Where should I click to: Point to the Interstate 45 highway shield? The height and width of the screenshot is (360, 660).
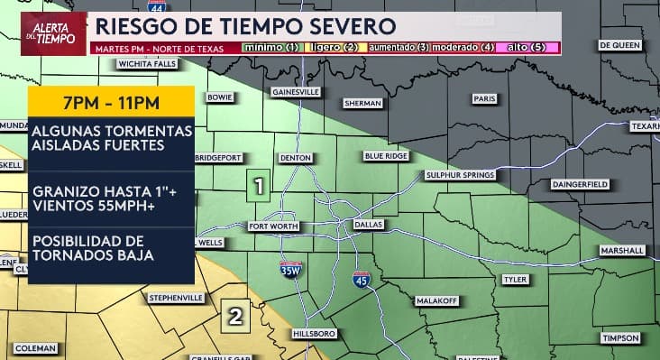point(361,281)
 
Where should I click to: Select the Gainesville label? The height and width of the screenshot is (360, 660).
point(296,92)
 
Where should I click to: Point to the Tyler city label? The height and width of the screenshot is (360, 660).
point(515,280)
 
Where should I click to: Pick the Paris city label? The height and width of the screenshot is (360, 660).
point(485,99)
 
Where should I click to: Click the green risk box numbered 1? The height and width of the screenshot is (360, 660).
point(259,187)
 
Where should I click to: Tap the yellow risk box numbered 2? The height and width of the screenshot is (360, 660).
point(235,316)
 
